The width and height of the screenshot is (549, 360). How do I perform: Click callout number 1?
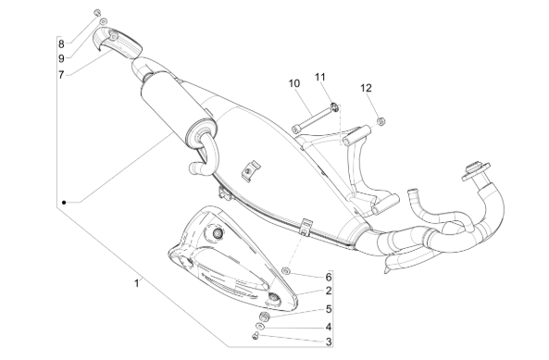[136, 283]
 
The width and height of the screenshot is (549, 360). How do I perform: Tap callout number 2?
[329, 291]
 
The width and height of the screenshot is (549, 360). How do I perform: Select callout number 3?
[329, 341]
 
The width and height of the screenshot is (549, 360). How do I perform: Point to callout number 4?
[329, 327]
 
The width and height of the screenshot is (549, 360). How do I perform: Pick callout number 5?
[329, 309]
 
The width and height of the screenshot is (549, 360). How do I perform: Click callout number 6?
[329, 277]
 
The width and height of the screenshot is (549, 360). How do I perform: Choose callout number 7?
[61, 75]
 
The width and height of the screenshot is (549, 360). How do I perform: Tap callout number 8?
[61, 44]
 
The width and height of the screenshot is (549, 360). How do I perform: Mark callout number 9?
[61, 58]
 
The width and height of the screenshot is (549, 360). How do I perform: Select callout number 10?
[294, 83]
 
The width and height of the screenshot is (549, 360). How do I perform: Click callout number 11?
[320, 77]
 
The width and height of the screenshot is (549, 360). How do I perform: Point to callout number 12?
[366, 88]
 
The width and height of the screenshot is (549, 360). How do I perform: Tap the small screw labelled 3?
[255, 336]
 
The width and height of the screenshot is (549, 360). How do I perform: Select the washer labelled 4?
[260, 326]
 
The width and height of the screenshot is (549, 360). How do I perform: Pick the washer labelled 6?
[286, 270]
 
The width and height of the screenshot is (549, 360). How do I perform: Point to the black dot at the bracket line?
[64, 203]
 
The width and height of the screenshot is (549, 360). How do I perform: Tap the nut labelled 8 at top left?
[97, 13]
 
